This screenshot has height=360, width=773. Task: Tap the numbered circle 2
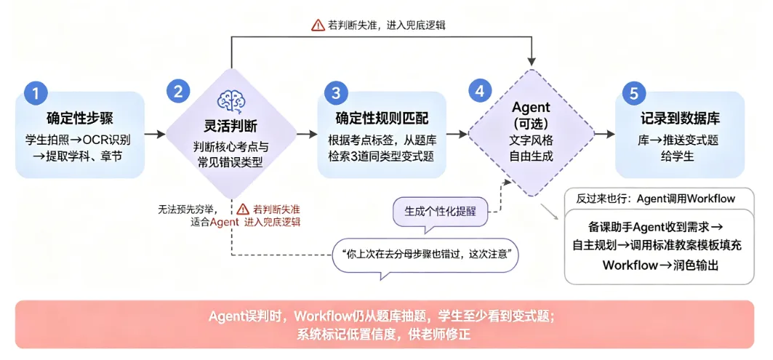pyautogui.click(x=178, y=92)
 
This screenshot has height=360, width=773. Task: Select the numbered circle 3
pyautogui.click(x=336, y=93)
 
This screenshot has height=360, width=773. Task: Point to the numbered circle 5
pyautogui.click(x=635, y=93)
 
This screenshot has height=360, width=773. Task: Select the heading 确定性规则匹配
pyautogui.click(x=382, y=119)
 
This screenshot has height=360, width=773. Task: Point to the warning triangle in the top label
pyautogui.click(x=318, y=25)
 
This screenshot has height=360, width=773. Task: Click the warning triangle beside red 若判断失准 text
pyautogui.click(x=244, y=209)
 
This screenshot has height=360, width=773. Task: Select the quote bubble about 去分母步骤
pyautogui.click(x=425, y=255)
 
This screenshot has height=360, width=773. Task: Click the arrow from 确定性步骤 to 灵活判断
pyautogui.click(x=155, y=134)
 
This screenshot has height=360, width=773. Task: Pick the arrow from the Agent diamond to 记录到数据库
pyautogui.click(x=605, y=134)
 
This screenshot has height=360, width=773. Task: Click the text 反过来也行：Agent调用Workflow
pyautogui.click(x=656, y=199)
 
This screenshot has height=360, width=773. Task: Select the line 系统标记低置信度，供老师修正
pyautogui.click(x=384, y=334)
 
